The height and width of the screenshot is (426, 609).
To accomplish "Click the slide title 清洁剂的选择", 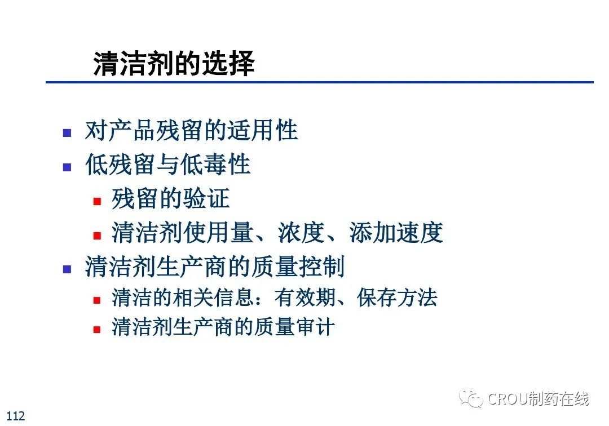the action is click(x=174, y=63).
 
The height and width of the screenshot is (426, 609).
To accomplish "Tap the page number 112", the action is click(x=16, y=416).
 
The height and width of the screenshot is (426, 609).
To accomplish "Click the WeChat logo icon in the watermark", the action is click(x=471, y=398).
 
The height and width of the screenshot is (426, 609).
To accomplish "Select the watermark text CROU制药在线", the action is click(x=539, y=398).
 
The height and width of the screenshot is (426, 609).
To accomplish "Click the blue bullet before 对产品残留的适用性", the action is click(x=67, y=133).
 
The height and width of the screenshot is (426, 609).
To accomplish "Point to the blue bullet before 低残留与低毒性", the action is click(x=67, y=167).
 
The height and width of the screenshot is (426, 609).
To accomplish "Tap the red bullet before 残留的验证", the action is click(x=97, y=201).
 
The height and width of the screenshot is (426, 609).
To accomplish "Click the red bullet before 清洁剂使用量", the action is click(x=97, y=236).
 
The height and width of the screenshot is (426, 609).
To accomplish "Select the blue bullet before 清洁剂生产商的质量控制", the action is click(x=67, y=269).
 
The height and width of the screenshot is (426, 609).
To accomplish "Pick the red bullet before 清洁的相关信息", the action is click(x=97, y=300).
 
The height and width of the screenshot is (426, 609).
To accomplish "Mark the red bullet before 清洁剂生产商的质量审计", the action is click(x=97, y=330).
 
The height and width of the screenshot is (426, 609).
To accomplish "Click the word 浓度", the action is click(x=301, y=232).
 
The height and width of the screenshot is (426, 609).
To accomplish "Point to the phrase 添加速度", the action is click(x=396, y=232).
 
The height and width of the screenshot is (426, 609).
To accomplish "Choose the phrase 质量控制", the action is click(x=298, y=267).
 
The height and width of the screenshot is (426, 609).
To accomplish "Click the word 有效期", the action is click(x=305, y=298).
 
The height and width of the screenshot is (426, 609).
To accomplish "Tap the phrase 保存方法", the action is click(x=398, y=298).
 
